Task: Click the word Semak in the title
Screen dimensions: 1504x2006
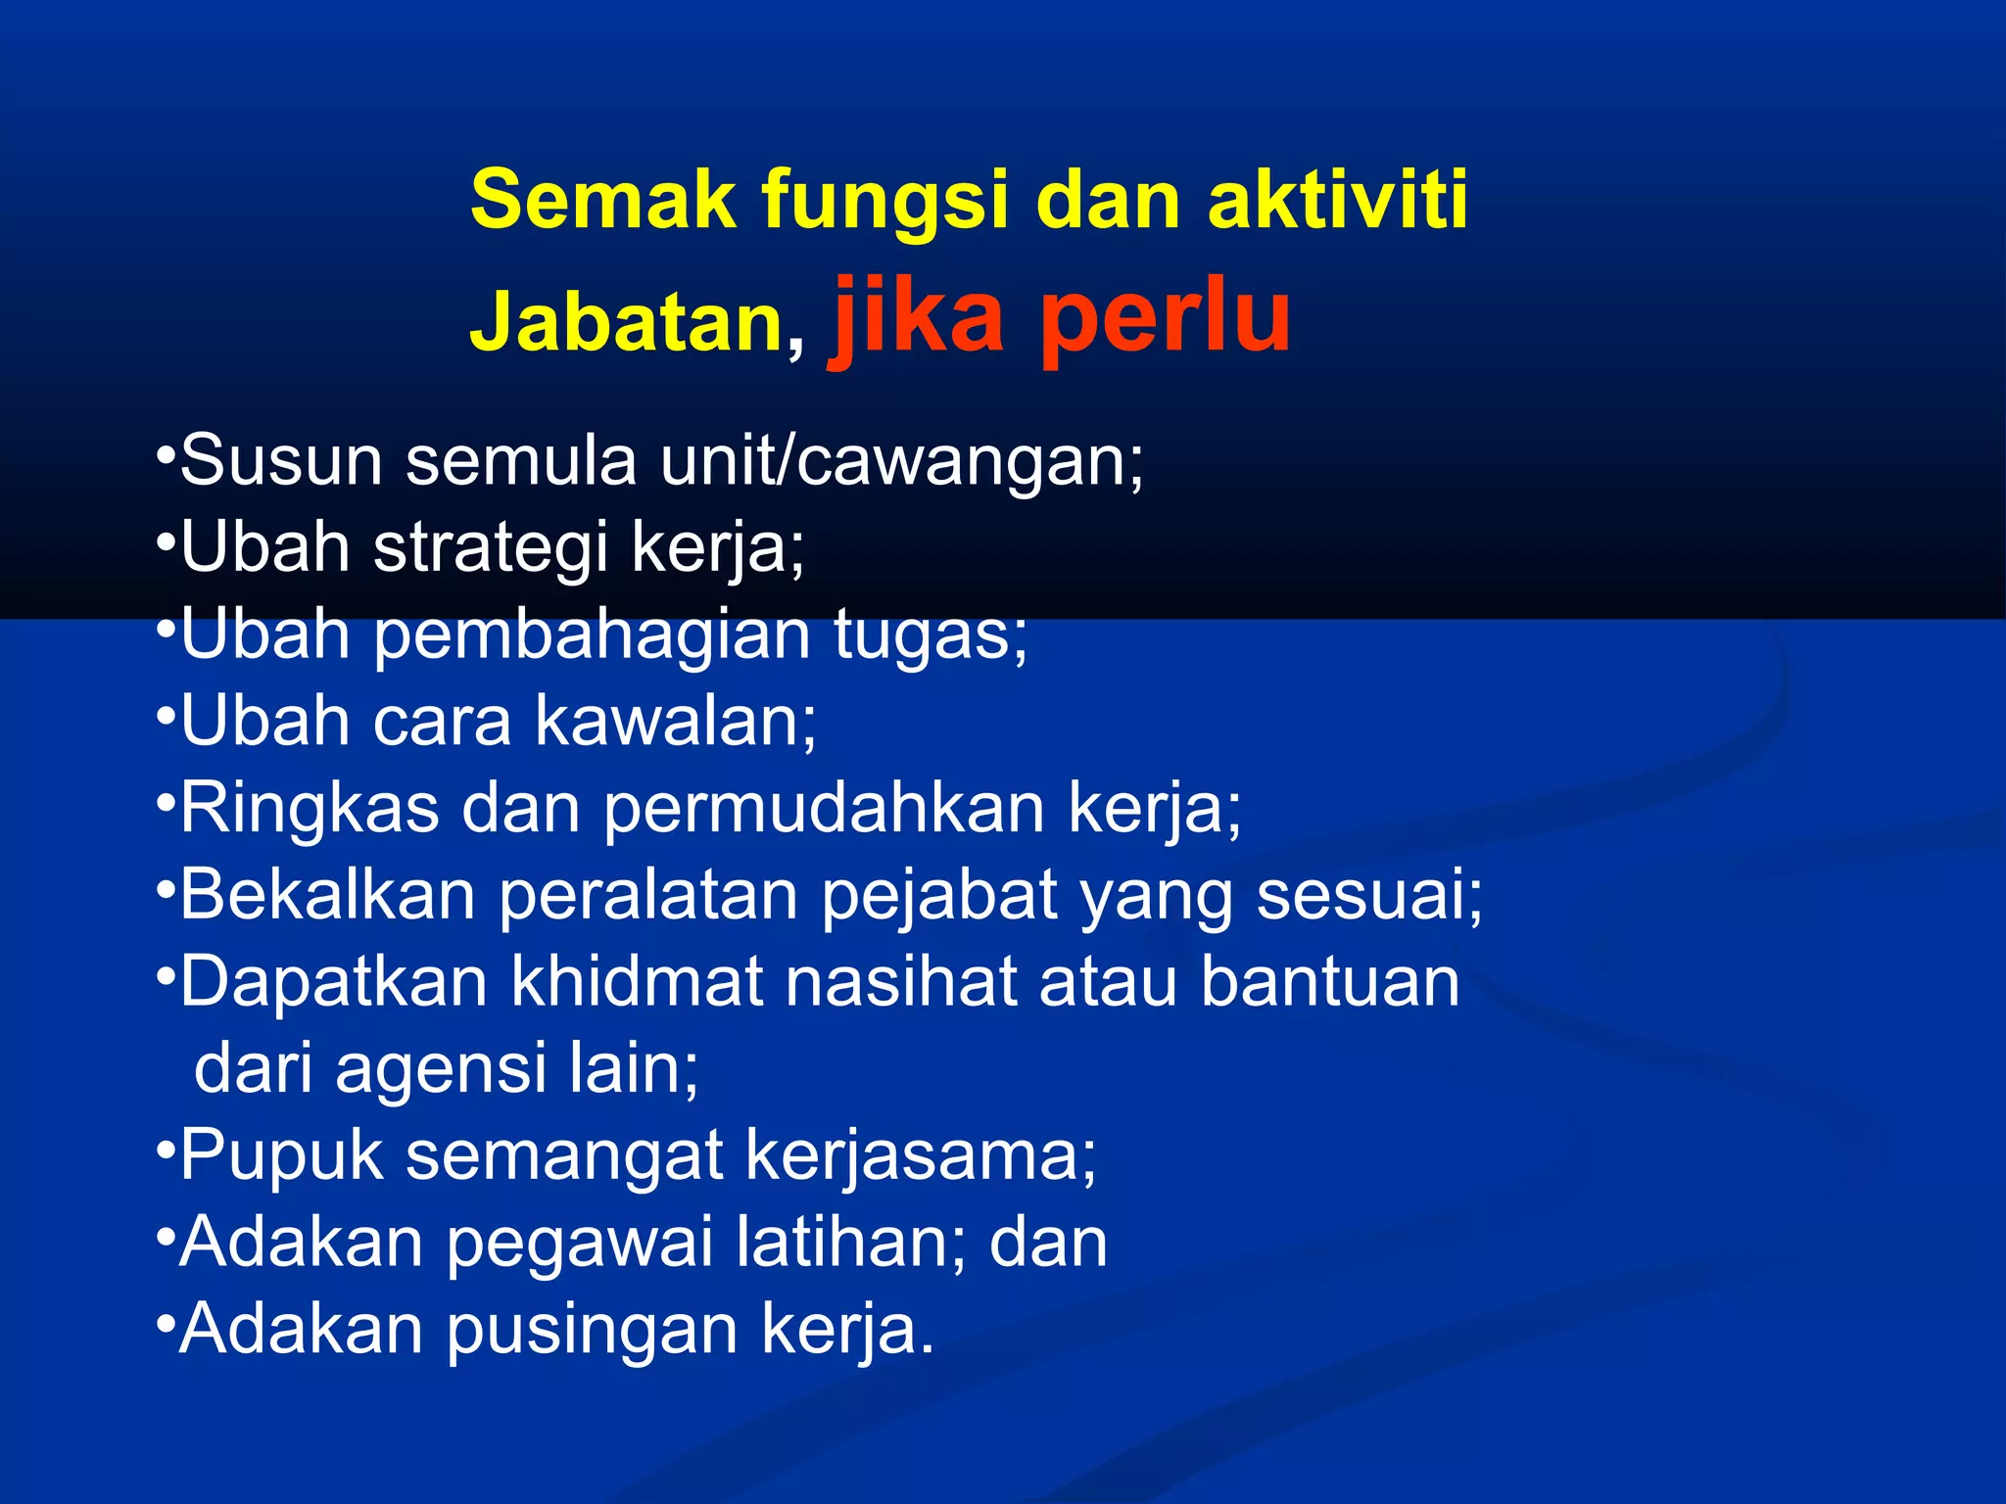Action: click(x=602, y=200)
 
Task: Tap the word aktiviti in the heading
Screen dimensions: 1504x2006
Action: click(x=1338, y=200)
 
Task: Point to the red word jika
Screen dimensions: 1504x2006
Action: click(x=918, y=315)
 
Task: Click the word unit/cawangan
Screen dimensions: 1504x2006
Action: click(x=901, y=461)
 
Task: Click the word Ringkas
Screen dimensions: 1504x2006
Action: click(x=310, y=810)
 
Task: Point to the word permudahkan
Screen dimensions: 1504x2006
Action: click(x=823, y=810)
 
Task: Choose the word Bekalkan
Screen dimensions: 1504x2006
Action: click(x=327, y=896)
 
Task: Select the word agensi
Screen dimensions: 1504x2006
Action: click(x=441, y=1069)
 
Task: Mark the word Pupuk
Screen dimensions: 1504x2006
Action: click(x=281, y=1156)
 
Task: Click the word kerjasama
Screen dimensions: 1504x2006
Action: click(x=920, y=1156)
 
